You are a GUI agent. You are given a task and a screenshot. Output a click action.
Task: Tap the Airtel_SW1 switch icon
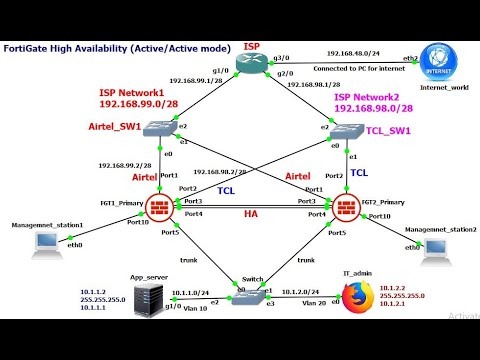pyautogui.click(x=159, y=127)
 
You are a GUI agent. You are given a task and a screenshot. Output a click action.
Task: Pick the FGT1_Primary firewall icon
pyautogui.click(x=159, y=207)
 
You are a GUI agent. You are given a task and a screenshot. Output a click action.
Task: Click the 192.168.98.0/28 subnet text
pyautogui.click(x=372, y=108)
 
